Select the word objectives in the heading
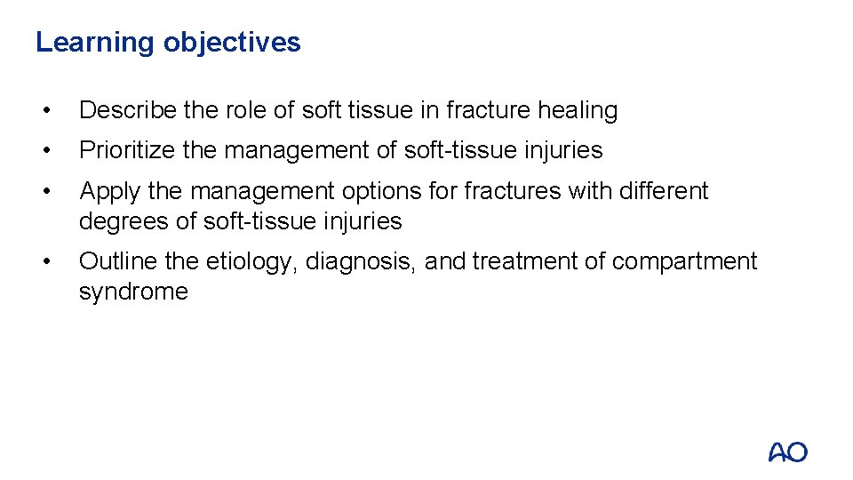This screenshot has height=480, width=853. pos(232,43)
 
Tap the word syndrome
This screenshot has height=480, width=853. pos(133,292)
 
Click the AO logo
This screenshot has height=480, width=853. pos(788,452)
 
